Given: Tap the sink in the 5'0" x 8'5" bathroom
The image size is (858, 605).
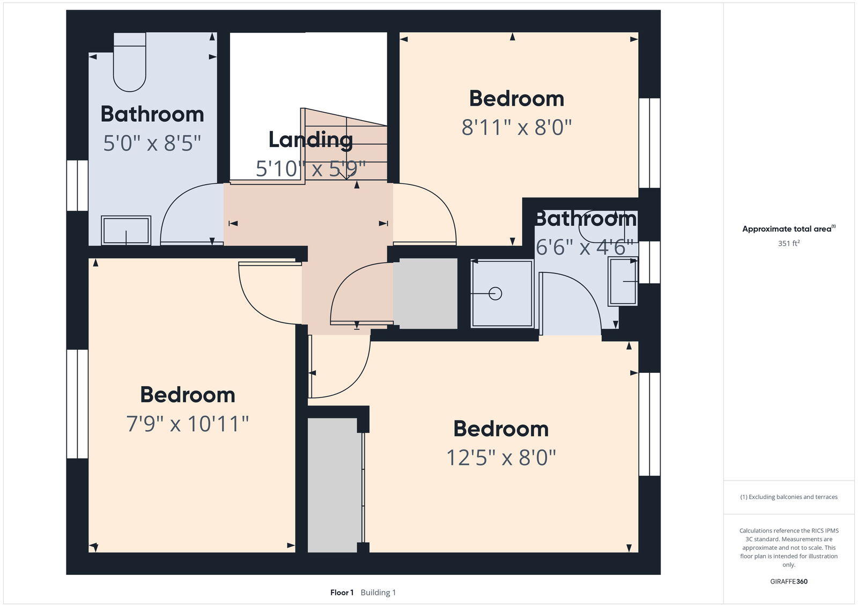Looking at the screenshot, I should (126, 231).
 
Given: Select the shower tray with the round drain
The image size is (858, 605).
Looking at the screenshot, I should (502, 293).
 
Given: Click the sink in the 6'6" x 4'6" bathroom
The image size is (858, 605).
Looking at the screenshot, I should (623, 282).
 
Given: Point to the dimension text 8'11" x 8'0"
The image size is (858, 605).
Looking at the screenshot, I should (516, 128).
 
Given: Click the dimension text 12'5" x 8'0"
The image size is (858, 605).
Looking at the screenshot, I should (501, 458).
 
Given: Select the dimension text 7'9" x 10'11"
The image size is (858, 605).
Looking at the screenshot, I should (187, 424).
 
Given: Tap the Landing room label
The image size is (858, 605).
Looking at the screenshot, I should (310, 140).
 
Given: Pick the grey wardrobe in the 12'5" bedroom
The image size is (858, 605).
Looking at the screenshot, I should (334, 485).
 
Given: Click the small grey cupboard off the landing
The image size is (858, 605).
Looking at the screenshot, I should (425, 293).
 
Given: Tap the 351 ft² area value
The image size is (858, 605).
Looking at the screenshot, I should (789, 244).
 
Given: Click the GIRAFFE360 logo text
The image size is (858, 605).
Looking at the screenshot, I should (789, 581).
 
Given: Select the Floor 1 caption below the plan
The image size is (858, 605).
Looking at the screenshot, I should (342, 593).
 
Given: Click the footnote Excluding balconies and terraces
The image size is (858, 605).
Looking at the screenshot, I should (789, 497).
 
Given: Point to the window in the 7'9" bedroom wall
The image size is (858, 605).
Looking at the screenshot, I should (77, 404).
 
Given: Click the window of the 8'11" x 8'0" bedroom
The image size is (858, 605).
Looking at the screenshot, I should (649, 143).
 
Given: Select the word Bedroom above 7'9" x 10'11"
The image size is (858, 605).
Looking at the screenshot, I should (187, 395).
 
